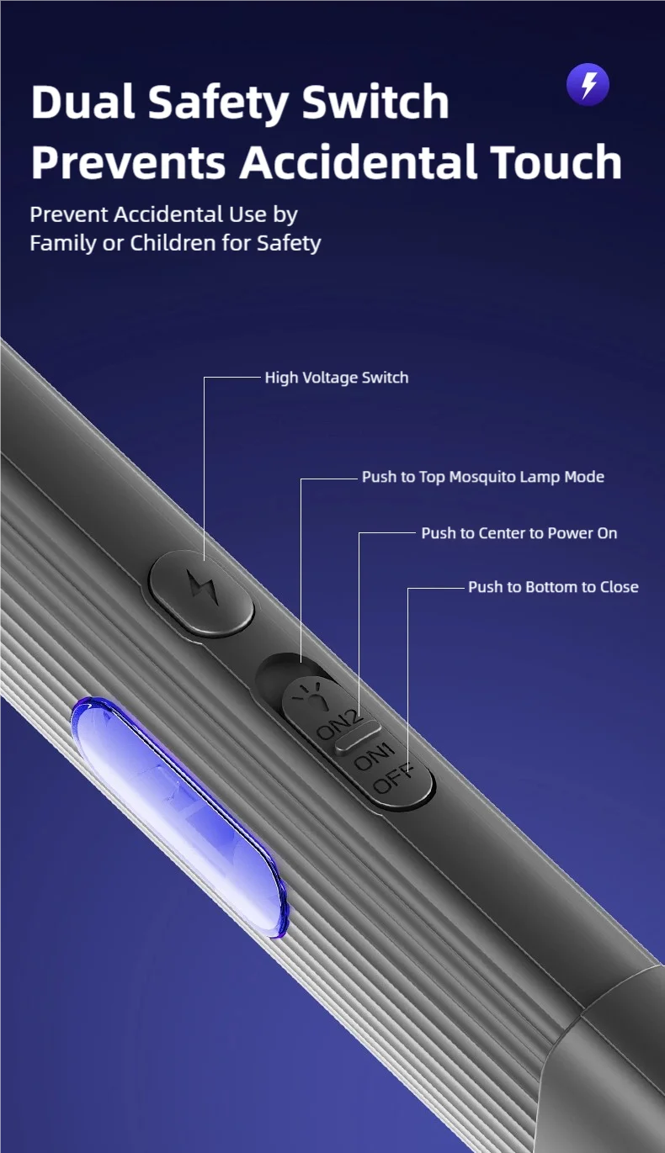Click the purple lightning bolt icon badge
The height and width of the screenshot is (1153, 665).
(x=588, y=84)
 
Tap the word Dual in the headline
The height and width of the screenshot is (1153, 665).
(x=83, y=102)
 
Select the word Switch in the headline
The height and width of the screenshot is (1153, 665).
(x=375, y=102)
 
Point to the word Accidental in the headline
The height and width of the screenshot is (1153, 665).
(x=359, y=162)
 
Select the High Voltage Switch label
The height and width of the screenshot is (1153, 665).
(x=337, y=378)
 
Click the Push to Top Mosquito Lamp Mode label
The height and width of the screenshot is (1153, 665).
(x=482, y=477)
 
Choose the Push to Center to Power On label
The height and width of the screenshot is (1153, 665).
(x=519, y=533)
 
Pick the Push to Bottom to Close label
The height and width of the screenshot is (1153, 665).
(x=553, y=587)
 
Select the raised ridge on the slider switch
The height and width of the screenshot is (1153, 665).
(x=359, y=737)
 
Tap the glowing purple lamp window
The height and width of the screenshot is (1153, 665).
(x=179, y=817)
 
